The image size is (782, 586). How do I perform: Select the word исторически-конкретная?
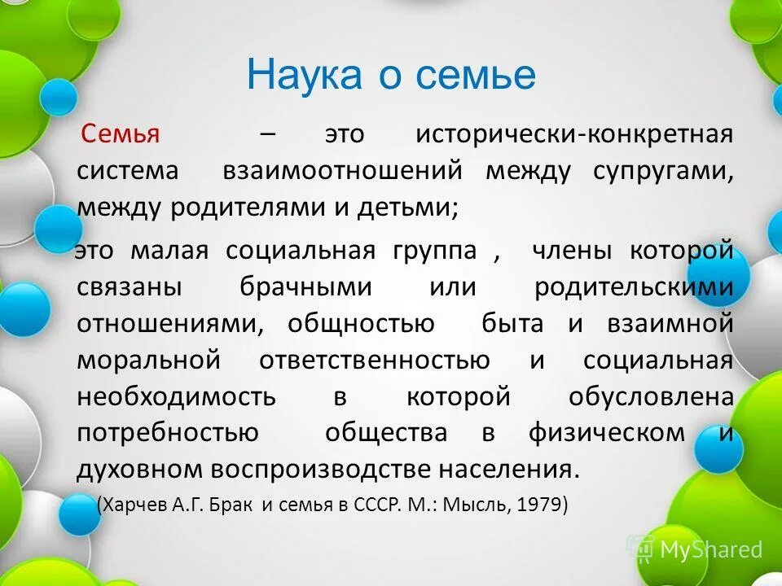point(574,134)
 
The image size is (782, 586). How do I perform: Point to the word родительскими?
point(634,287)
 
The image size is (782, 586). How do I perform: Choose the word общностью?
point(361,323)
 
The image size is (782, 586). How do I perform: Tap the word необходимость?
point(177,396)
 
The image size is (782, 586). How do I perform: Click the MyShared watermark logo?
point(701,549)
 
